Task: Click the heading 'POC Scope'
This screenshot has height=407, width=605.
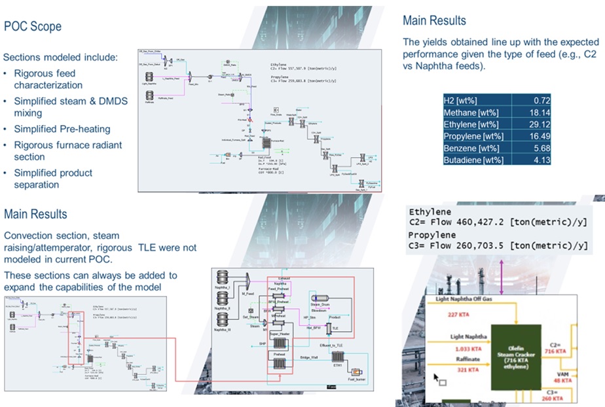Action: click(33, 27)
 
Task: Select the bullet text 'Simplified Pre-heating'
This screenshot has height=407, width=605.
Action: click(62, 129)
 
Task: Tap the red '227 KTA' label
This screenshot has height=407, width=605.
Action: click(457, 314)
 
